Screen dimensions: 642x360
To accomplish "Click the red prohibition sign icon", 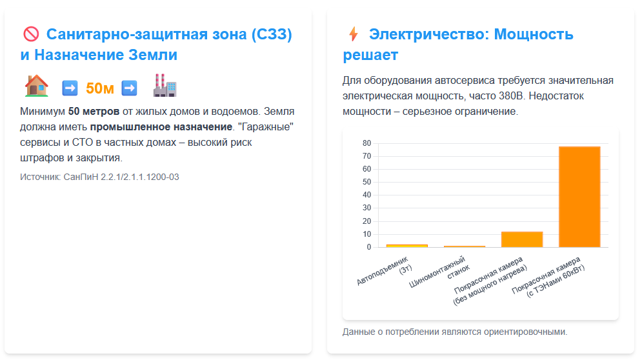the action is pos(31,34).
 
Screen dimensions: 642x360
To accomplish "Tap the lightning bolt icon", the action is pos(354,34).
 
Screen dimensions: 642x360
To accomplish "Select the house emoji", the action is pos(36,86).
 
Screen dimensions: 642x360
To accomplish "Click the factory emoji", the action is pos(165,86).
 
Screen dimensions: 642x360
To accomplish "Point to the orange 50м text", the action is pos(100,88).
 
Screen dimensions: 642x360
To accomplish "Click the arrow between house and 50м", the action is pos(70,88).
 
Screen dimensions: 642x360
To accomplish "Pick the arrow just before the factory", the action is pos(130,88).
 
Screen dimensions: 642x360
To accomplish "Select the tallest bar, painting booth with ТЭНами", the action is pos(579,197).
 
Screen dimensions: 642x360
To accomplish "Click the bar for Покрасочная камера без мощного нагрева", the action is pos(522,239).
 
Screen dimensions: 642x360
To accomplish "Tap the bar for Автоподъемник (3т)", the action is pos(407,246).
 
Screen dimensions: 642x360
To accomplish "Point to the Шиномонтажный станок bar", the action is pos(465,246).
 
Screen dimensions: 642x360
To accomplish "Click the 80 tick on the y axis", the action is pos(367,143).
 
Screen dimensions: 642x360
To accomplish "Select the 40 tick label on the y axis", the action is pos(367,195).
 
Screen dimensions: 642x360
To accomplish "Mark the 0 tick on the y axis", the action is pos(369,247).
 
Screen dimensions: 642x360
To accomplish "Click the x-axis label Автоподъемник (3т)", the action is pos(385,270).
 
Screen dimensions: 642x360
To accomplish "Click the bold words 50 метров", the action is pos(94,112).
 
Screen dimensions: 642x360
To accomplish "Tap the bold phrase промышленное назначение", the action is pos(161,127).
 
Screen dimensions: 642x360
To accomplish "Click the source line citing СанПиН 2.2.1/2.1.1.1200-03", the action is pos(99,177).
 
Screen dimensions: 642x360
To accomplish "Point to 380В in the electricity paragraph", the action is pos(511,96).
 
